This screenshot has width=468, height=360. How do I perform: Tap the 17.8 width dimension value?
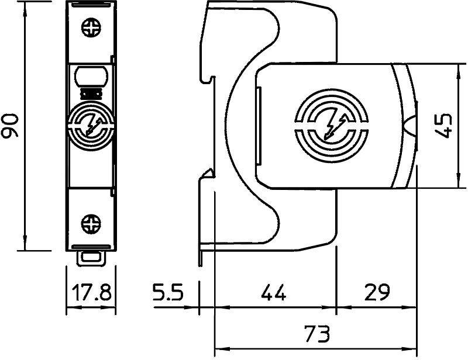click(x=91, y=292)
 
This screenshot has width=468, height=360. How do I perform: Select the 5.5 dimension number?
click(x=168, y=292)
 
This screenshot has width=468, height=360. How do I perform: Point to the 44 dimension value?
click(x=274, y=292)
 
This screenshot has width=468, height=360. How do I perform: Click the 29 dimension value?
click(x=377, y=292)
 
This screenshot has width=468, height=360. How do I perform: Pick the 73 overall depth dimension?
click(x=317, y=334)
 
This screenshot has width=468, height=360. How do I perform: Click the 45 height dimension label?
click(x=443, y=125)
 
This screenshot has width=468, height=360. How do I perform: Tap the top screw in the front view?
click(x=91, y=27)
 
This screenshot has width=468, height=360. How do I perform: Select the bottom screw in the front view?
click(x=91, y=224)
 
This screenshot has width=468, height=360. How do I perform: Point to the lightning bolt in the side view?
click(x=335, y=127)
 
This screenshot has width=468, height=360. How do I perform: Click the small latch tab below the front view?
click(x=91, y=258)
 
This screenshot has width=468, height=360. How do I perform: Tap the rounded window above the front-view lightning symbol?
click(x=91, y=77)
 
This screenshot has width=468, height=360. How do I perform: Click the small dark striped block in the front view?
click(x=91, y=94)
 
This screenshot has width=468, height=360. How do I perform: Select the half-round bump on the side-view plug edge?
click(x=411, y=126)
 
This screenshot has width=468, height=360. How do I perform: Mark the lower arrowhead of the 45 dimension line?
click(x=457, y=181)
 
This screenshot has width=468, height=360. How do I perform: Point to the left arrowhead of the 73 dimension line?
click(x=222, y=348)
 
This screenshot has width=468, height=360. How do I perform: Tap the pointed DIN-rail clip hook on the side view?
click(x=209, y=174)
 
